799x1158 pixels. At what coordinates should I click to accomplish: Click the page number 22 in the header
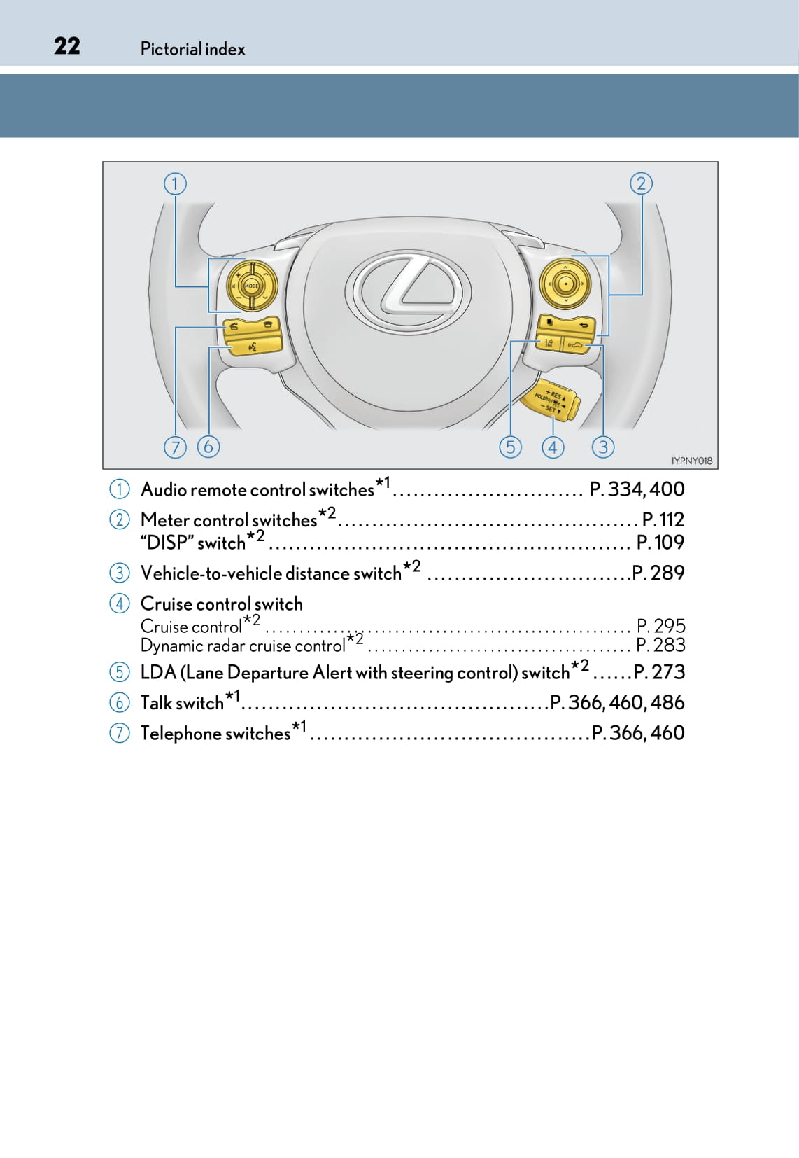(x=66, y=46)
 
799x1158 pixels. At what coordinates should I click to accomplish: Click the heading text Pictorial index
(x=192, y=49)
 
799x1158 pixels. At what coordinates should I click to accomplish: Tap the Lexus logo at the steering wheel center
(x=408, y=290)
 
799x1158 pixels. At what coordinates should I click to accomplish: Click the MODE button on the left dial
(x=252, y=286)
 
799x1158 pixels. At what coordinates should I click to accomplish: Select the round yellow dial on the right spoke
(x=565, y=284)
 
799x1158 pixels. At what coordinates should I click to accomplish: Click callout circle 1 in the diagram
(x=175, y=183)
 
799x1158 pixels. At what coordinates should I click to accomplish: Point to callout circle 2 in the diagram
(x=642, y=183)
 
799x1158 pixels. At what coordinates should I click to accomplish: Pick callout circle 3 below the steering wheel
(x=602, y=447)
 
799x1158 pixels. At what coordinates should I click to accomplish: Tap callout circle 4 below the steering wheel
(x=553, y=447)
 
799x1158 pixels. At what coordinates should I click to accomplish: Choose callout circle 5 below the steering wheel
(x=510, y=447)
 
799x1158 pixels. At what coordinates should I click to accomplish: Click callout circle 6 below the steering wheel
(x=208, y=447)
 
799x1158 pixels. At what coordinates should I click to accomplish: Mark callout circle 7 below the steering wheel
(x=175, y=447)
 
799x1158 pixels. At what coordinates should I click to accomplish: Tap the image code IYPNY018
(x=691, y=461)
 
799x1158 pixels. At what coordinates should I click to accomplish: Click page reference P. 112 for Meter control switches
(x=663, y=519)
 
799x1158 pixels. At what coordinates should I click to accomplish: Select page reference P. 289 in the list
(x=658, y=573)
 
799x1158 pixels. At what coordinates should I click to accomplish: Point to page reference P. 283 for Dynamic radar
(x=660, y=646)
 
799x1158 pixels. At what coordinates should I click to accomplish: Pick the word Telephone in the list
(x=181, y=734)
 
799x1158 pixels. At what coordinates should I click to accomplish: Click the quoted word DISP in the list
(x=167, y=543)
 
